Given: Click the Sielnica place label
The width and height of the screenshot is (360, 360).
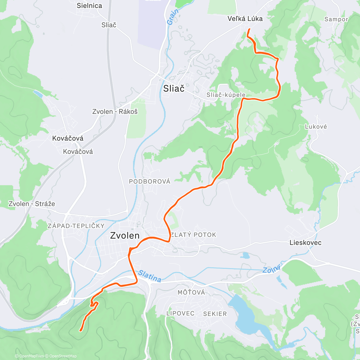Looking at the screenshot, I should point(89,6).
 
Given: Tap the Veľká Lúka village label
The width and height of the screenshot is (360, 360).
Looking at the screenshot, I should point(245,19).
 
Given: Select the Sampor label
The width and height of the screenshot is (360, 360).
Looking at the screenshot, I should point(336,19).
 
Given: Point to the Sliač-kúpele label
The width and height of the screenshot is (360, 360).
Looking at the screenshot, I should point(226,95).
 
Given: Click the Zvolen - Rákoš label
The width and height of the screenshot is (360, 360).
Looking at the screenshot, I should point(115,112).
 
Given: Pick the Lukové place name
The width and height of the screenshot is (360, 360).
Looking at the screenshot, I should point(316,127).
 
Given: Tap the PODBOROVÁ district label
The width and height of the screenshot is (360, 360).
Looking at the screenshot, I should point(149,181).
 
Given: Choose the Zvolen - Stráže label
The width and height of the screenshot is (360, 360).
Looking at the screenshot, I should point(32,204).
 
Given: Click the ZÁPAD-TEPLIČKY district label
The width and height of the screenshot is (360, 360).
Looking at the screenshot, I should point(76,226).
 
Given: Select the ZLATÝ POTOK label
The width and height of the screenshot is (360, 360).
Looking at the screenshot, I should point(193,235).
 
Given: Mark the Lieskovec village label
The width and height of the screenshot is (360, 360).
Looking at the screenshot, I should point(305,243).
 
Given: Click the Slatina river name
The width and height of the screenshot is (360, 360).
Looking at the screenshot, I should point(150,276).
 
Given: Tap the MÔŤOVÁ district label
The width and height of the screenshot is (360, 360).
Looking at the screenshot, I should point(191,292).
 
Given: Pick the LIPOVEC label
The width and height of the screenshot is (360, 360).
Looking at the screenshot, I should point(181,313).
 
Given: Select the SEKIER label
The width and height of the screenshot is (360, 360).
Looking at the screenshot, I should point(215,314).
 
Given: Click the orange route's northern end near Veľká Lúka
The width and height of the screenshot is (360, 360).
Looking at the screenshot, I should point(249,29).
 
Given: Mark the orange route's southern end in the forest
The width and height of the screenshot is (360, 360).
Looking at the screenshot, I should point(80,331).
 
